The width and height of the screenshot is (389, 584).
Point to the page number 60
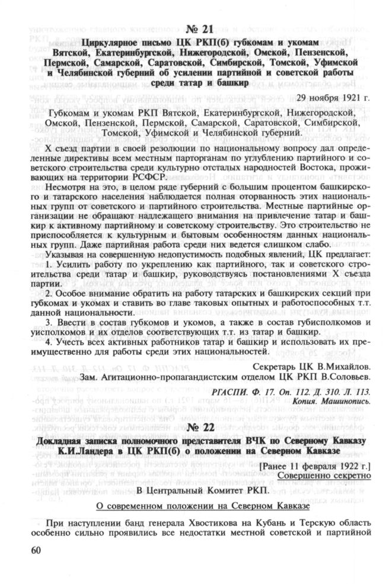point(28,549)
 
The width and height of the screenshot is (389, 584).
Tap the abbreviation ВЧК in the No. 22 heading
point(256,441)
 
